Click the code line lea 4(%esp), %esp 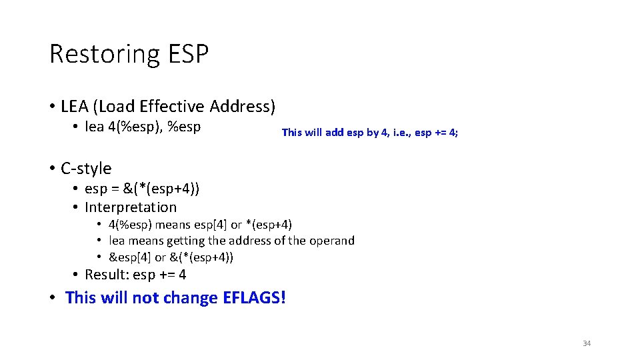pyautogui.click(x=143, y=127)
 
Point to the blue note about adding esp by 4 pyautogui.click(x=369, y=133)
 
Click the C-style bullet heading pyautogui.click(x=86, y=169)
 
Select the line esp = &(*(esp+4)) pyautogui.click(x=142, y=189)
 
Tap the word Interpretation pyautogui.click(x=131, y=207)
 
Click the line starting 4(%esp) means pyautogui.click(x=200, y=225)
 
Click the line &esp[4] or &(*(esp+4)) pyautogui.click(x=171, y=257)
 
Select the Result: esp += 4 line pyautogui.click(x=135, y=275)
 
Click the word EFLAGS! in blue pyautogui.click(x=254, y=297)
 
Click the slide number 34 pyautogui.click(x=587, y=343)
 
